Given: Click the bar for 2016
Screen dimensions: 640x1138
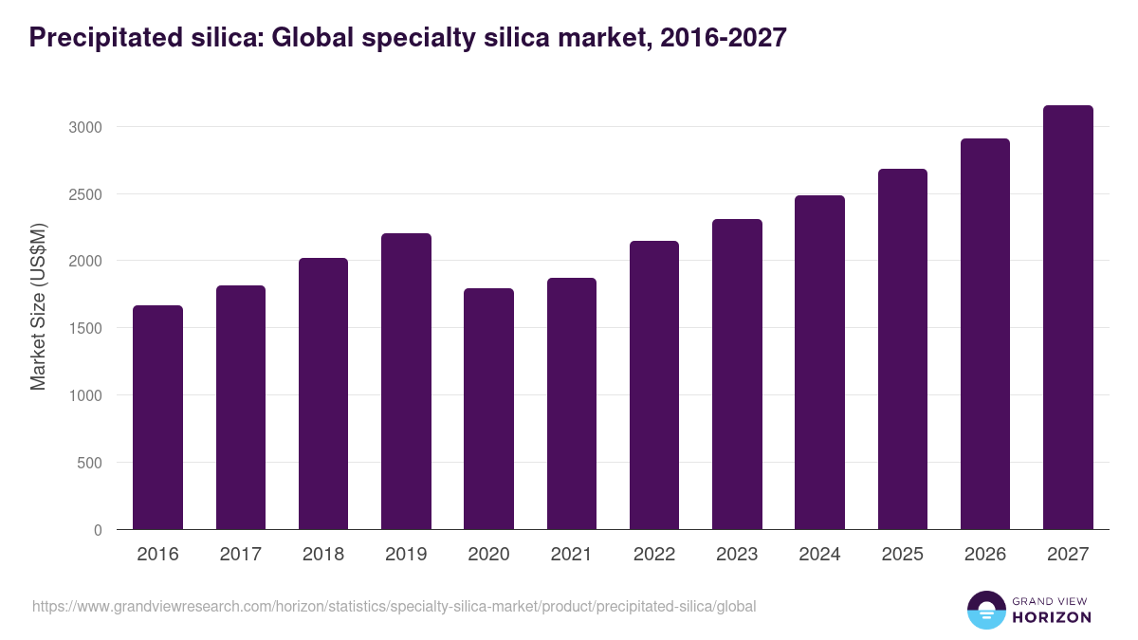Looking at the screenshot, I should pyautogui.click(x=157, y=417).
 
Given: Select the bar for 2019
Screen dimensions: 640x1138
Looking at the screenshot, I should pyautogui.click(x=406, y=381).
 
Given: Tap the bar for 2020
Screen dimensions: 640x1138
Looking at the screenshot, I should pyautogui.click(x=488, y=409).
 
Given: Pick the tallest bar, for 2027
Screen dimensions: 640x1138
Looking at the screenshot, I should pyautogui.click(x=1068, y=318).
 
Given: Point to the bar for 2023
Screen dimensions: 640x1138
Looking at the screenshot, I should pyautogui.click(x=737, y=375).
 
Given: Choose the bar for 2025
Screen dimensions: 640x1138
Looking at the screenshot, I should pyautogui.click(x=902, y=349).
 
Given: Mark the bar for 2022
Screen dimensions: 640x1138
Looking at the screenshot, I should pyautogui.click(x=654, y=385).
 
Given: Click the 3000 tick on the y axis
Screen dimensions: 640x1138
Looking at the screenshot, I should pyautogui.click(x=86, y=127).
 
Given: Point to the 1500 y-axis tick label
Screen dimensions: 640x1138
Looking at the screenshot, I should pyautogui.click(x=86, y=329).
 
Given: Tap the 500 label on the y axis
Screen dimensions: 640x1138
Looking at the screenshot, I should pyautogui.click(x=90, y=464).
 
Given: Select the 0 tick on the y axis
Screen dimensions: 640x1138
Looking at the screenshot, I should pyautogui.click(x=99, y=531).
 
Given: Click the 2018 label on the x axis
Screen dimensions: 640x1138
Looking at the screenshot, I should pyautogui.click(x=323, y=555).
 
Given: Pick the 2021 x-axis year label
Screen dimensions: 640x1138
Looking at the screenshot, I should pyautogui.click(x=572, y=555).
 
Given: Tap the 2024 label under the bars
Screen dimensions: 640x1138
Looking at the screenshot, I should pyautogui.click(x=819, y=555).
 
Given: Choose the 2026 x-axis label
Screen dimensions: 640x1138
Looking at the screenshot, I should pyautogui.click(x=985, y=555).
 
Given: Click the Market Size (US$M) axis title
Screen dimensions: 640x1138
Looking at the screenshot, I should pyautogui.click(x=38, y=306).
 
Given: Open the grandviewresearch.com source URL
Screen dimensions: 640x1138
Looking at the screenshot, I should pyautogui.click(x=394, y=606).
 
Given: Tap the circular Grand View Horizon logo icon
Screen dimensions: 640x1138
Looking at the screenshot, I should pyautogui.click(x=985, y=610).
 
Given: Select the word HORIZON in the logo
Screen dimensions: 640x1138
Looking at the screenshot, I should pyautogui.click(x=1052, y=617).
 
